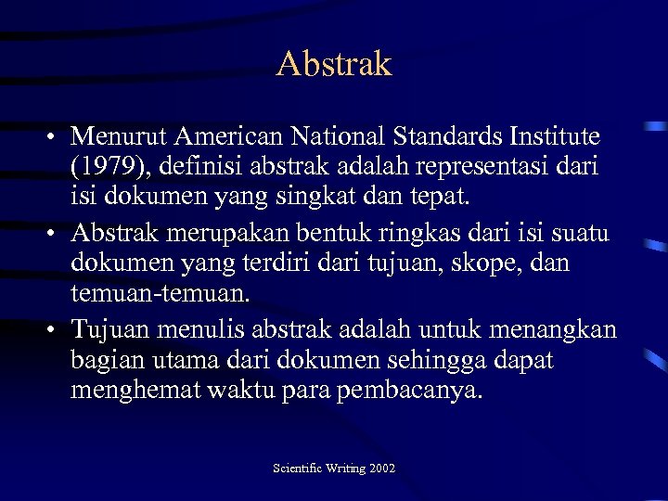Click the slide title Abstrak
click(334, 64)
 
